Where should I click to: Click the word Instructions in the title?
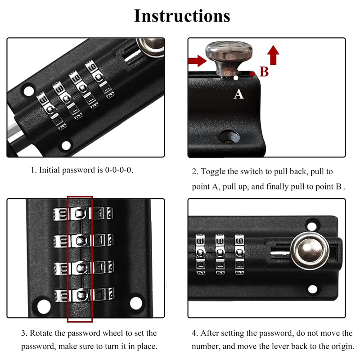click(182, 16)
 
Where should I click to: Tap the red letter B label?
click(264, 72)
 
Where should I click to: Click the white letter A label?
click(238, 94)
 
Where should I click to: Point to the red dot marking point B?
click(252, 74)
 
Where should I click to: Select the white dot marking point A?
click(236, 78)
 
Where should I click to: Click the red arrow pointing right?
click(198, 61)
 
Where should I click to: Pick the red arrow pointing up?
click(273, 55)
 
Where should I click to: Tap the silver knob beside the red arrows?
click(229, 58)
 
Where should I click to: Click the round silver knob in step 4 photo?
click(310, 251)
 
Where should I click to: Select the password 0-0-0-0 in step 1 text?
click(119, 170)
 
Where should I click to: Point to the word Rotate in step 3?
click(42, 333)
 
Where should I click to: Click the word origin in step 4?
click(342, 346)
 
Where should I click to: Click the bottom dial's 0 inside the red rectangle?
click(81, 295)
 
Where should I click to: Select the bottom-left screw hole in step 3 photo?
click(44, 306)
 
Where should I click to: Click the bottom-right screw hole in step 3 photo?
click(136, 303)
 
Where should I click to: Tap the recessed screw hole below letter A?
click(229, 138)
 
